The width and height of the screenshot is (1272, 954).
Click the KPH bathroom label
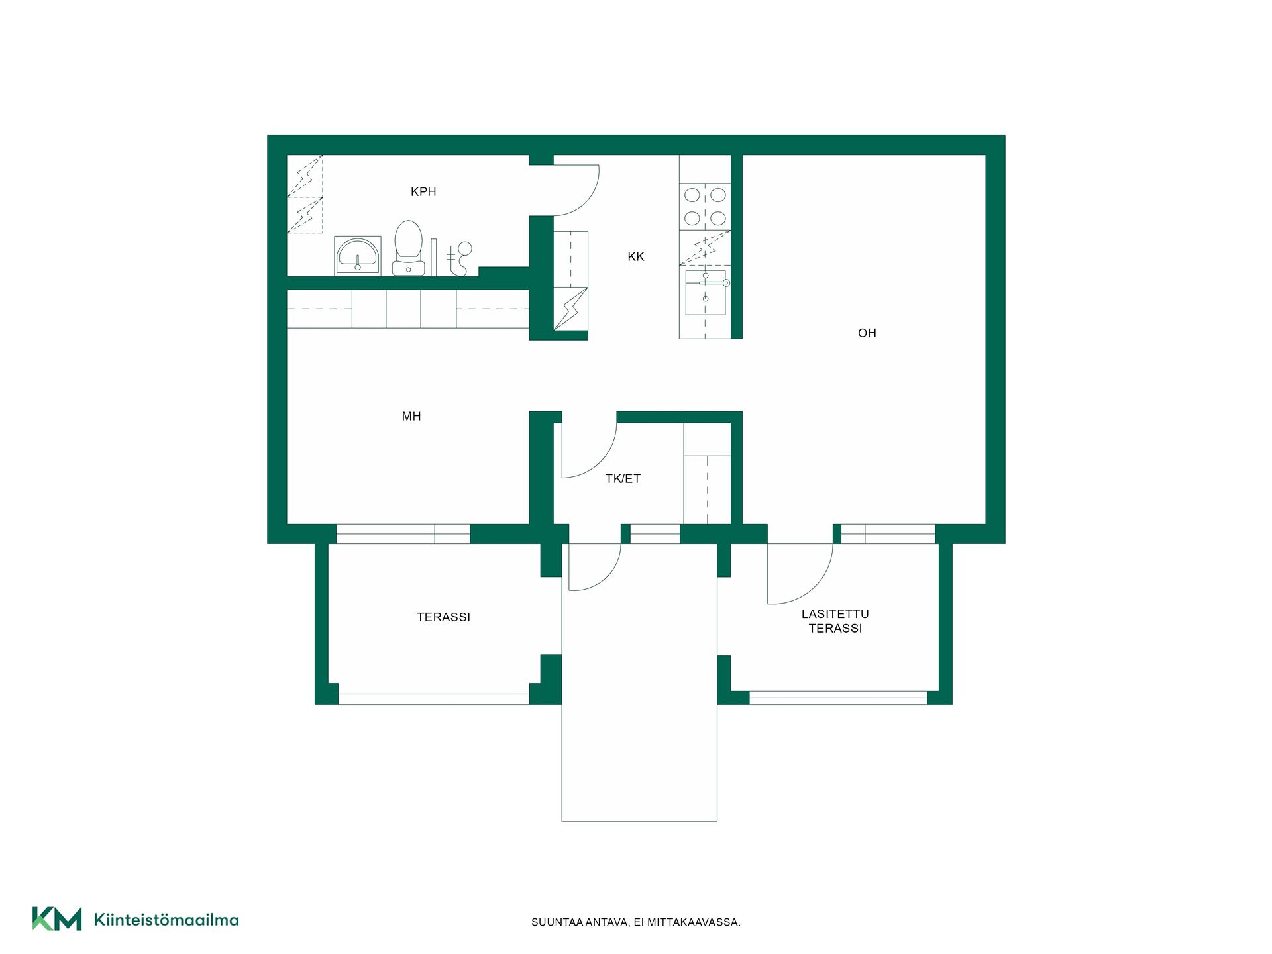coord(423,191)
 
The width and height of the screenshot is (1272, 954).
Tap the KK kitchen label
coord(636,256)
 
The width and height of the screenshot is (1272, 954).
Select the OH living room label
coord(867,333)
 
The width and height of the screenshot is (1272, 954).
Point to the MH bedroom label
coord(411,416)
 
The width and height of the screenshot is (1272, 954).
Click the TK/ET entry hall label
coord(623,478)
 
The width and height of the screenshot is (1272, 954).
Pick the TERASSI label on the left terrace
coord(443,617)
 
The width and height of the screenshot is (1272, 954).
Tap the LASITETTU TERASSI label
coord(835,621)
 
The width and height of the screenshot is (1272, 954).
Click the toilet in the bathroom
coord(408,248)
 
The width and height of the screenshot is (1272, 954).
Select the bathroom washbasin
coord(358,255)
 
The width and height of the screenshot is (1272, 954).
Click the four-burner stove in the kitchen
coord(705,206)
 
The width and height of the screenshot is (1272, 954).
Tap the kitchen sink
coord(706,292)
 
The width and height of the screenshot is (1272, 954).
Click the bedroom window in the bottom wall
coord(403,533)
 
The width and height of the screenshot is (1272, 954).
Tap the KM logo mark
coord(57,919)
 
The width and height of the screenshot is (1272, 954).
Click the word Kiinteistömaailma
coord(166,920)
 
